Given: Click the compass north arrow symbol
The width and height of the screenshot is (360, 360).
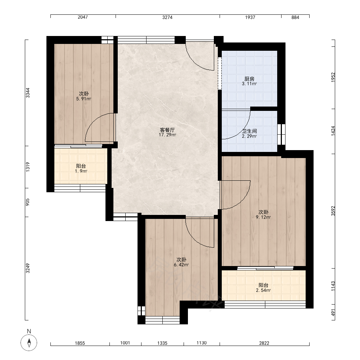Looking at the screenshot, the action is click(x=29, y=343).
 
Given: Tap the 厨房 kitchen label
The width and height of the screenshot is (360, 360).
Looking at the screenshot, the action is click(x=249, y=79).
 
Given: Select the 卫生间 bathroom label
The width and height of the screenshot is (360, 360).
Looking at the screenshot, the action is click(x=249, y=131).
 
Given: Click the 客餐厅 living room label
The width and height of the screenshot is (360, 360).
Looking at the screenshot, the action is click(x=167, y=130).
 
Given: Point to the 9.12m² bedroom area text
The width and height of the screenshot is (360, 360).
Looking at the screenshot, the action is click(x=264, y=217).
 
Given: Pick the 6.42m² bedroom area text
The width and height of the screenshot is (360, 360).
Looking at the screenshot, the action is click(x=181, y=265).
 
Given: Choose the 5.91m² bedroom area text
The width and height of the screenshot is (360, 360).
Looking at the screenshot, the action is click(x=84, y=99).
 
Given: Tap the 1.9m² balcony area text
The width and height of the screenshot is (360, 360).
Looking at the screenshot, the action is click(x=81, y=171).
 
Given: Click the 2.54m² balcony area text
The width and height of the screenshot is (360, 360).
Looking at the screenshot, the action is click(x=264, y=290).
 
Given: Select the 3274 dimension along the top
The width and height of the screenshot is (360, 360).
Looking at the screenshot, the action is click(x=167, y=17).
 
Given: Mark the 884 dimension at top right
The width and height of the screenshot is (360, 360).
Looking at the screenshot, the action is click(x=295, y=17).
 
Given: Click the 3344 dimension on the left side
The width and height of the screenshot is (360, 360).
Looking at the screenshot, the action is click(x=28, y=93).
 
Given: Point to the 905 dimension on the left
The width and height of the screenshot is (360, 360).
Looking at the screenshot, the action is click(x=28, y=202).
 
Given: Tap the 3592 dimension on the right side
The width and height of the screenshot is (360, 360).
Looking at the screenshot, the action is click(x=333, y=211).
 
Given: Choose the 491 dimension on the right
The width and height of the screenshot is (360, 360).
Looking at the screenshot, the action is click(x=333, y=312).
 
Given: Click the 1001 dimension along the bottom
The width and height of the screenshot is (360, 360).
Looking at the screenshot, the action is click(x=125, y=343).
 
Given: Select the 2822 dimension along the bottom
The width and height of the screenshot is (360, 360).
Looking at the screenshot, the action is click(x=264, y=343).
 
